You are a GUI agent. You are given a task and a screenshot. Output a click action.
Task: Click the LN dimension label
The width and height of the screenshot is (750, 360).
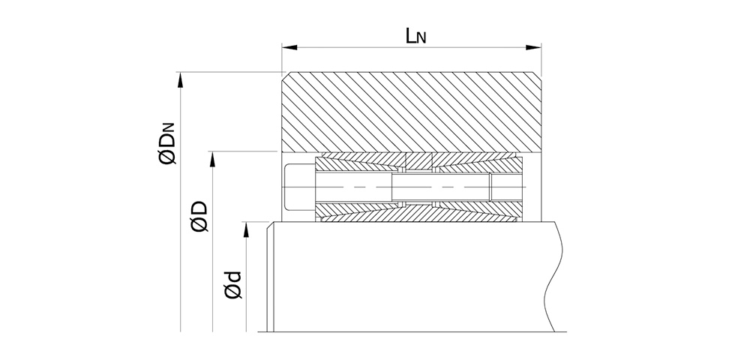(x=415, y=36)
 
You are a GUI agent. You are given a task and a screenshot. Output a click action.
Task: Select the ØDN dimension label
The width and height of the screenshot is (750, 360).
(x=167, y=143)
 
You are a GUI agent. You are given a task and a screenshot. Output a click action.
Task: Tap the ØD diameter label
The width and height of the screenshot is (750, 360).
(x=199, y=216)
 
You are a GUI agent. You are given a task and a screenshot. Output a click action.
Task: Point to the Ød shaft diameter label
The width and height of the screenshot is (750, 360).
(x=233, y=286)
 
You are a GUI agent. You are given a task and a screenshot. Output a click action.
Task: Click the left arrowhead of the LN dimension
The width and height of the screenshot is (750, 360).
(x=289, y=47)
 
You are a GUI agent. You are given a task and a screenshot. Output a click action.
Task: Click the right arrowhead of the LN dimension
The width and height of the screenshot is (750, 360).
(x=533, y=47)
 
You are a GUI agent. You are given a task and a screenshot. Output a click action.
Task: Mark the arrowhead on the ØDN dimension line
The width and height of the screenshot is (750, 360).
(x=180, y=80)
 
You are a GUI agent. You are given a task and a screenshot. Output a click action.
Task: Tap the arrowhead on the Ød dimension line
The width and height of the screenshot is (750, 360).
(x=246, y=230)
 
